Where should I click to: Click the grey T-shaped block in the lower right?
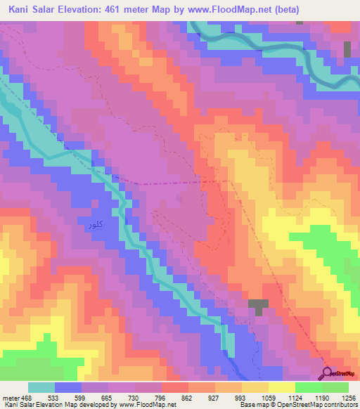tap(259, 306)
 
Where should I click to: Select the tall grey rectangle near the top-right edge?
tap(347, 49)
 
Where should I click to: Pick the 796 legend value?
tap(161, 397)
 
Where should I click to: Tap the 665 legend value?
tap(108, 397)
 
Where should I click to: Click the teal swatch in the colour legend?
tap(41, 387)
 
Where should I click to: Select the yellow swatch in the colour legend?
tap(281, 387)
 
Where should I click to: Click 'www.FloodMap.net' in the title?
tap(241, 9)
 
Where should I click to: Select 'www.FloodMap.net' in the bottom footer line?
tap(148, 405)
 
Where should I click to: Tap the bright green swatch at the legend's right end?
tap(335, 387)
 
